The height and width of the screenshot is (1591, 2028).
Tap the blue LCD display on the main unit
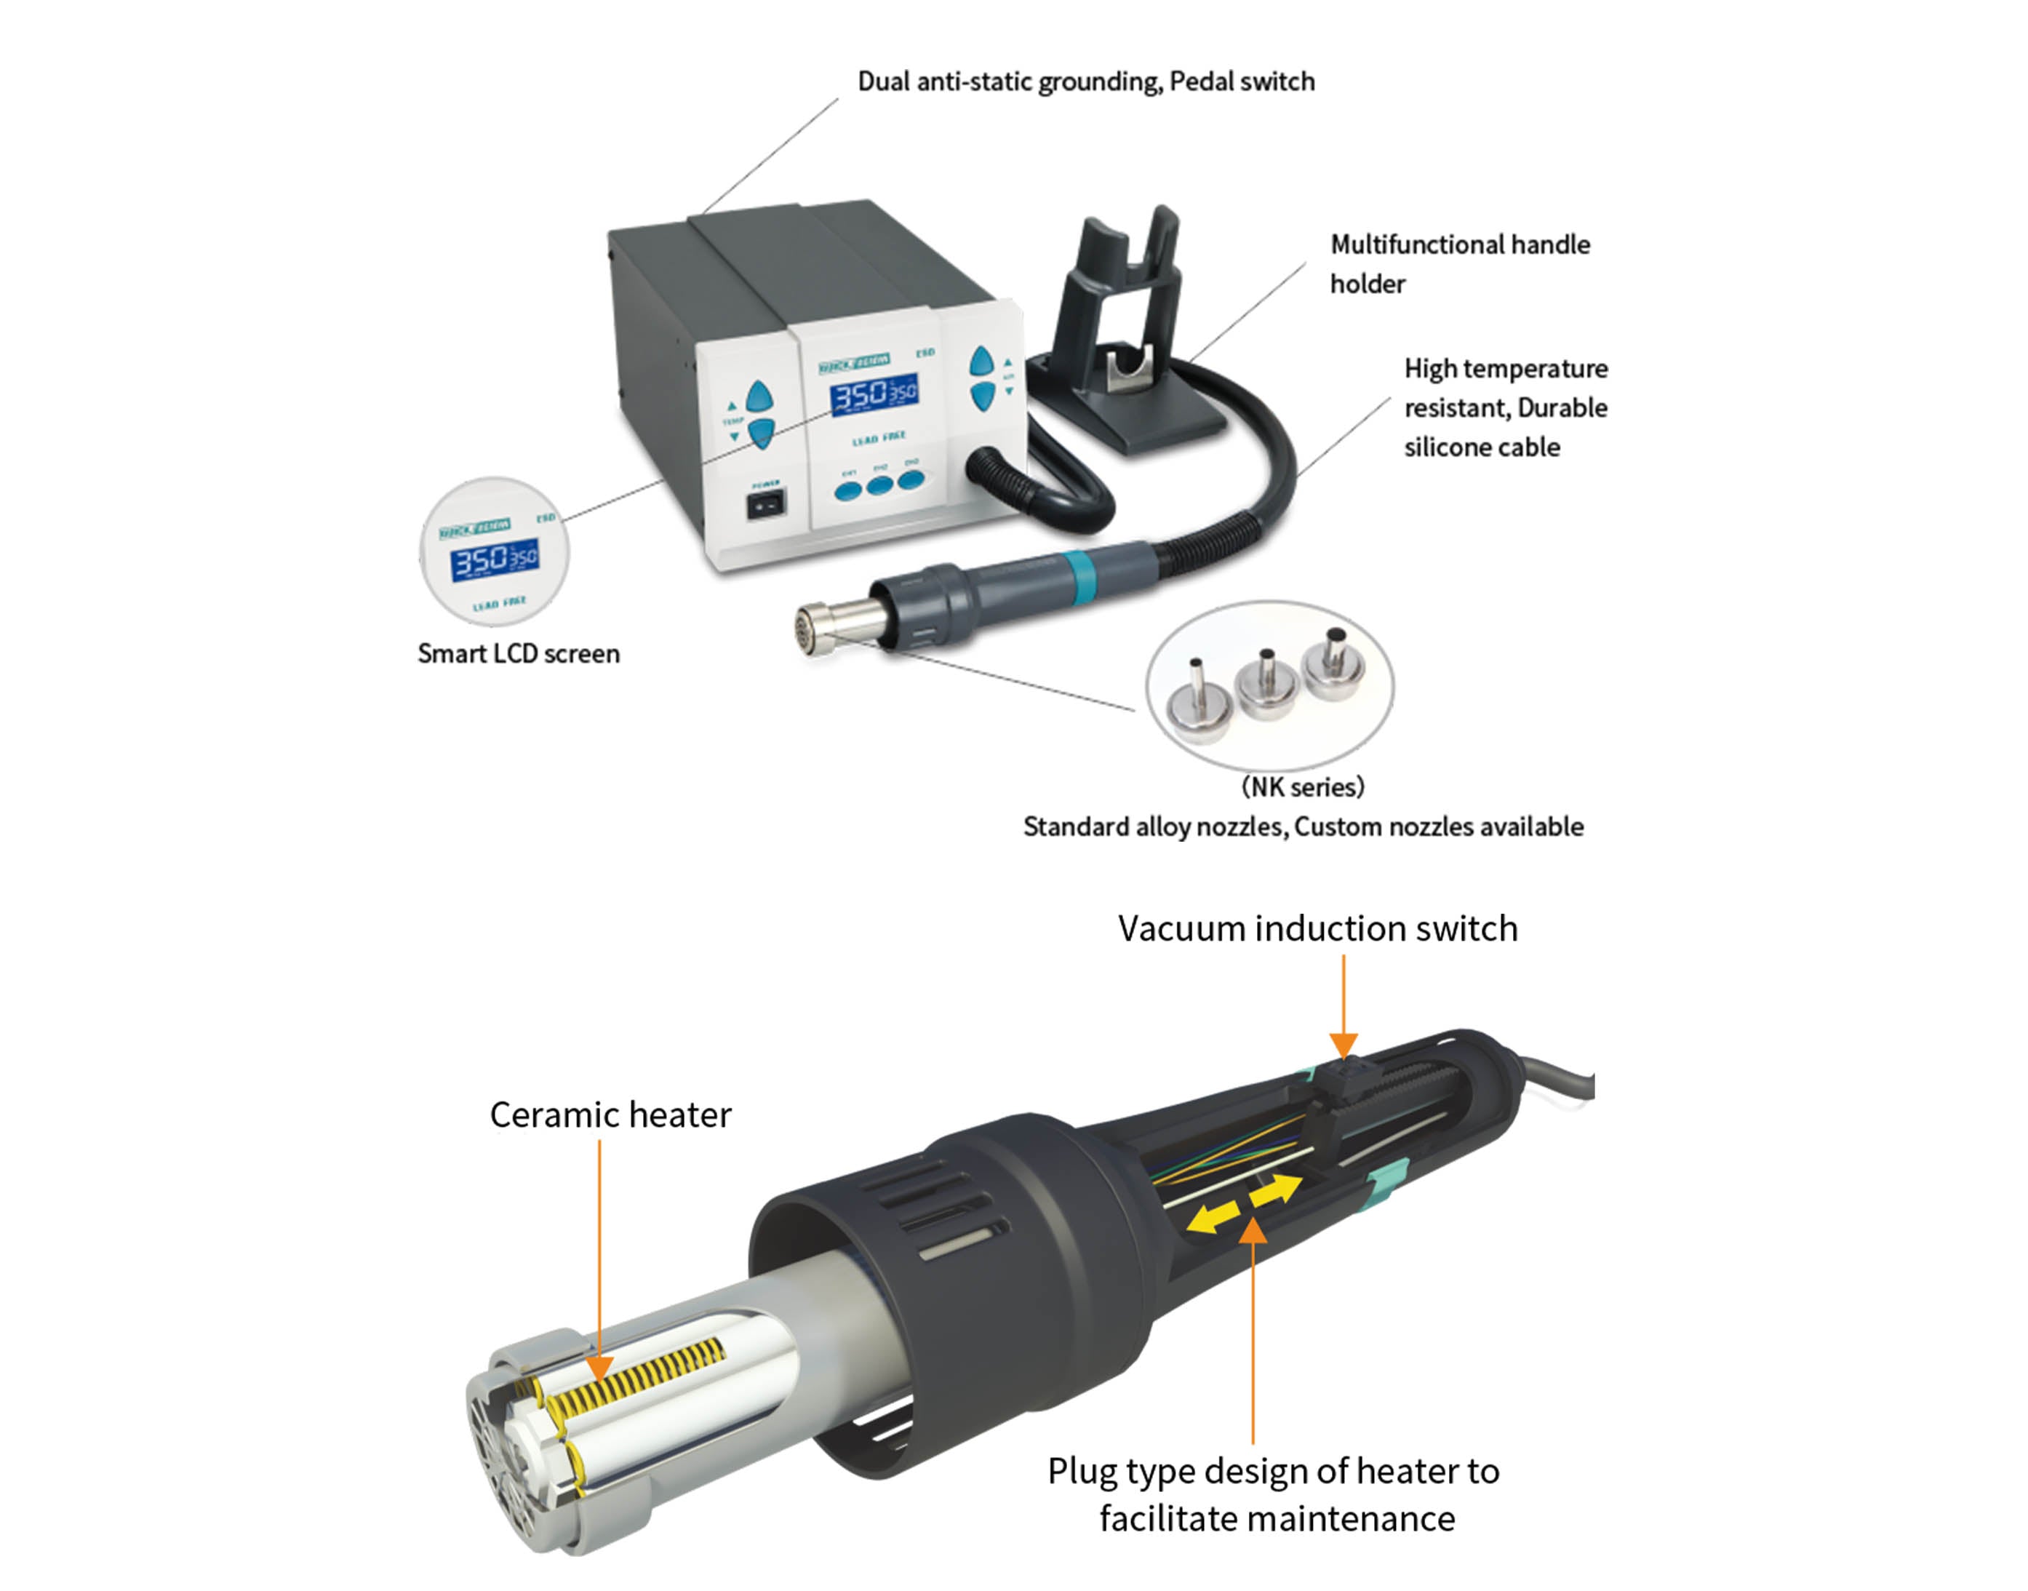(874, 395)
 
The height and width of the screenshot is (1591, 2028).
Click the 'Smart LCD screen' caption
(519, 654)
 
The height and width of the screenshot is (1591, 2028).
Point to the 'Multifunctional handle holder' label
(1459, 263)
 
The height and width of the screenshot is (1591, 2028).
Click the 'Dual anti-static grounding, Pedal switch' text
(1086, 82)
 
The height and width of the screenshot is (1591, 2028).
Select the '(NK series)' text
(1303, 787)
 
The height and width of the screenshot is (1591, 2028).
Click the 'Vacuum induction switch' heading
(1317, 929)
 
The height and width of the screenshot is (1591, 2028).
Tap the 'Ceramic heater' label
(610, 1115)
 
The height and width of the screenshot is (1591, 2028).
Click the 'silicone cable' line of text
(1482, 448)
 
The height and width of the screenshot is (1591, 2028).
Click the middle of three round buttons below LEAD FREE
(879, 485)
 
